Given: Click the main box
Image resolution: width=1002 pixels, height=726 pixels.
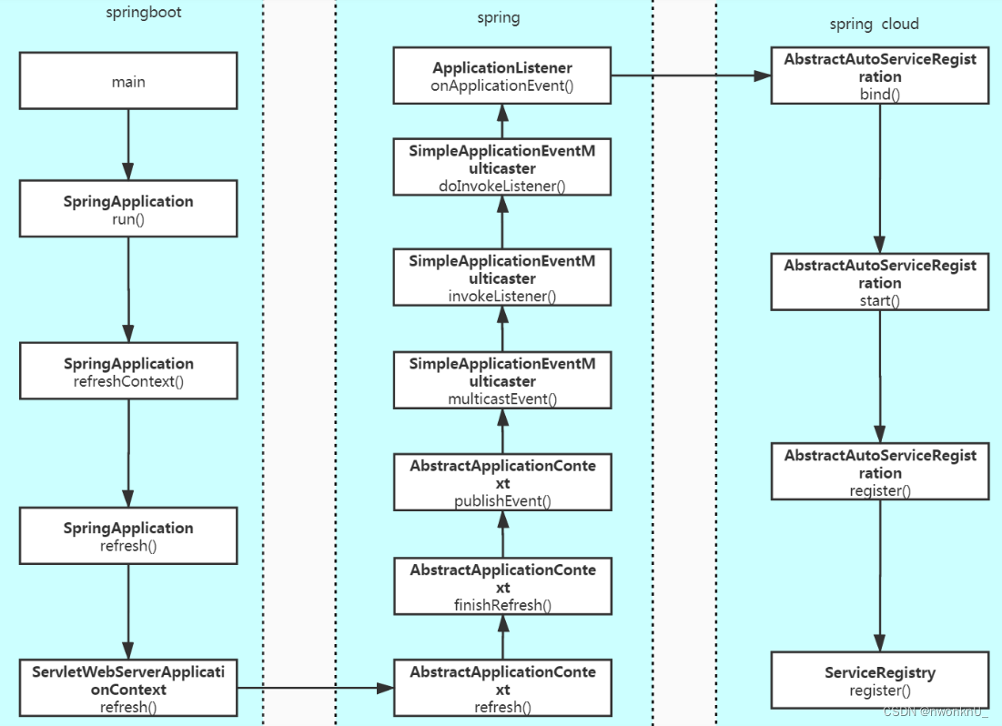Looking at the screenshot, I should pyautogui.click(x=128, y=82).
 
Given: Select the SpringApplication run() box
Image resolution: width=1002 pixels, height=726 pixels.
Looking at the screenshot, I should pyautogui.click(x=128, y=209).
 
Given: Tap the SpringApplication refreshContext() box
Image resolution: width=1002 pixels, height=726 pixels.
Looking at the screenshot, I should pyautogui.click(x=128, y=371).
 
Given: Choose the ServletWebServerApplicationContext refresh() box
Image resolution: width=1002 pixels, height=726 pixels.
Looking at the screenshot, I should pyautogui.click(x=128, y=689).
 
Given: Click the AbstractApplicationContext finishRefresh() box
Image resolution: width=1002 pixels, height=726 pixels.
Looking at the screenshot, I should pyautogui.click(x=502, y=586).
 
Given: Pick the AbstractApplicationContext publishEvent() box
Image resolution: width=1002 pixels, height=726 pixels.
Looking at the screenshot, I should pyautogui.click(x=502, y=482).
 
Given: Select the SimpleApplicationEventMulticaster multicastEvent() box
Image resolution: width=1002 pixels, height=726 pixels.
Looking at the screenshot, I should pyautogui.click(x=502, y=380).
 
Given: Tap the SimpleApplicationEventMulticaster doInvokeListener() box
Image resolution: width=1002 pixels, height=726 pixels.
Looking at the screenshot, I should pyautogui.click(x=502, y=167).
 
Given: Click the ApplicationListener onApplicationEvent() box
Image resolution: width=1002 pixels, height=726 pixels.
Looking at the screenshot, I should pyautogui.click(x=502, y=76).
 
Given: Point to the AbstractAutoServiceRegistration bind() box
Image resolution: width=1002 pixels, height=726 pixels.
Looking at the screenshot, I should pyautogui.click(x=879, y=76).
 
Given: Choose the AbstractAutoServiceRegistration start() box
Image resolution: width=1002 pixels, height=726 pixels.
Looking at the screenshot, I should pyautogui.click(x=879, y=282).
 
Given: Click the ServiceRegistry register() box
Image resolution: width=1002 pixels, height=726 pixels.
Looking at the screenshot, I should pyautogui.click(x=879, y=681).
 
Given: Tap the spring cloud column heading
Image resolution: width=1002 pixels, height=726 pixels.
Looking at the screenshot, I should pyautogui.click(x=874, y=24).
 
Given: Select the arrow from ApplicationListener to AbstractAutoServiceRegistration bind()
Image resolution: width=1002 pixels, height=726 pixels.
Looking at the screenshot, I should pyautogui.click(x=691, y=77).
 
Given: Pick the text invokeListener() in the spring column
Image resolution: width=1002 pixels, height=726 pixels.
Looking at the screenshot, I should pyautogui.click(x=502, y=296).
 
